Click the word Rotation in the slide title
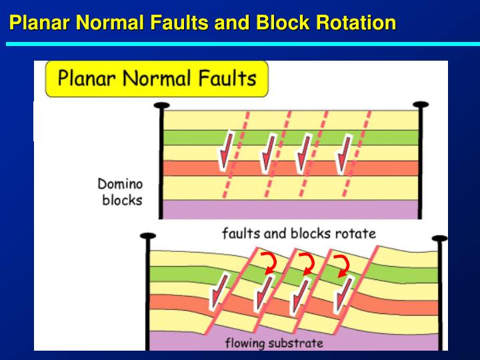[356, 23]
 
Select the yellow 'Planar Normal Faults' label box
[157, 79]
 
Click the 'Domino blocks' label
[120, 192]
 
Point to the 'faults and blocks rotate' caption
[299, 233]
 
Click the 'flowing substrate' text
[274, 343]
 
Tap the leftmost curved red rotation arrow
[269, 263]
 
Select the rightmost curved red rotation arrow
[342, 266]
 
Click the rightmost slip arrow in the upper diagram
[343, 155]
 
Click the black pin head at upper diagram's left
[161, 105]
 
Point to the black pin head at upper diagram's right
[421, 105]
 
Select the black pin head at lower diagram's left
[148, 236]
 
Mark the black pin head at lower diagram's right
[439, 239]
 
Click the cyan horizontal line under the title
[243, 44]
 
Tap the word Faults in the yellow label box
[227, 79]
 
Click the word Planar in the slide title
[40, 23]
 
